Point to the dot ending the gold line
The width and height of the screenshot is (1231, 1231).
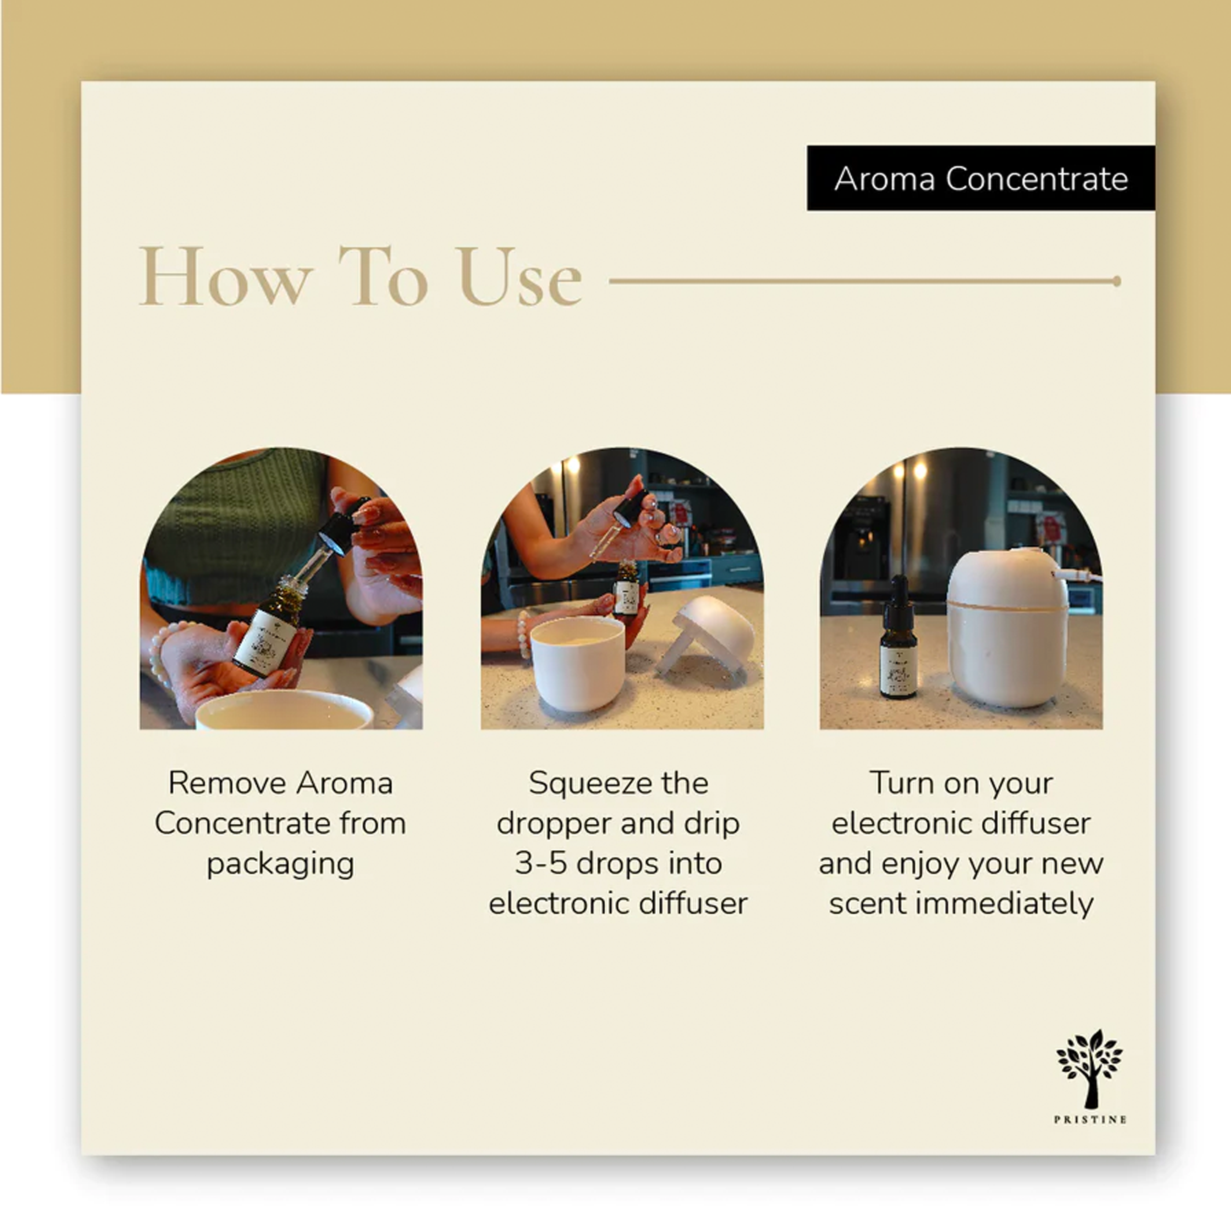pyautogui.click(x=1116, y=281)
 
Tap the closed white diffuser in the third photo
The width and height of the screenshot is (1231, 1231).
pyautogui.click(x=1007, y=628)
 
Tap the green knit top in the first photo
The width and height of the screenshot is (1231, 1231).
pyautogui.click(x=236, y=526)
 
